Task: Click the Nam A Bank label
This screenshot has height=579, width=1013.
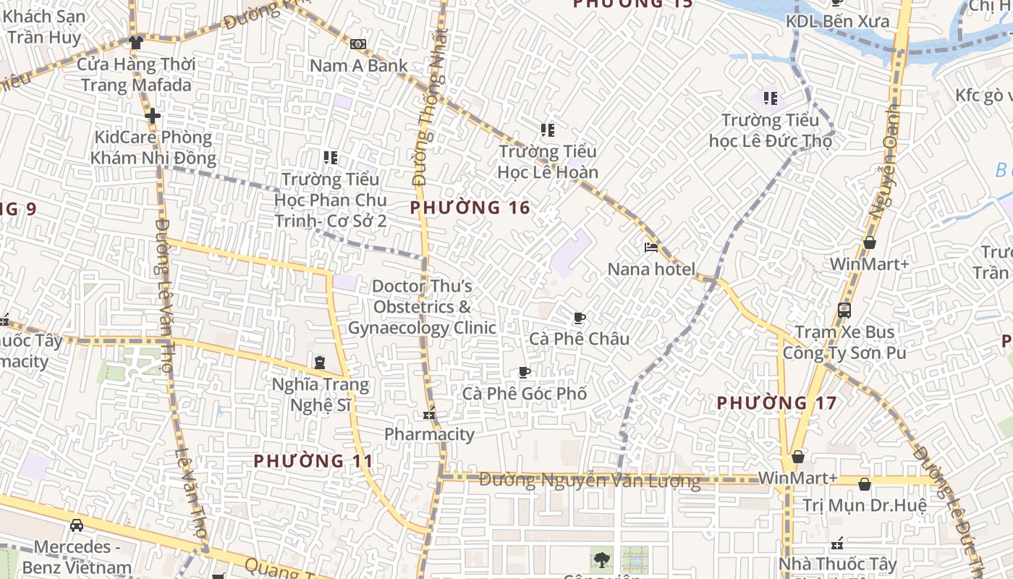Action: (x=359, y=65)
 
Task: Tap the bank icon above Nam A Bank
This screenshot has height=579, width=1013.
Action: (x=357, y=44)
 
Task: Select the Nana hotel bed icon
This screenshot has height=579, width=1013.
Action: (x=651, y=248)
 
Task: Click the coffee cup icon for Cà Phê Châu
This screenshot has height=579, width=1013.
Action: (x=579, y=318)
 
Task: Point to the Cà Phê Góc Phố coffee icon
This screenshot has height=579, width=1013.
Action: (x=525, y=373)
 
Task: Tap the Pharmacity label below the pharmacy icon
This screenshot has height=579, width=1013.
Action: (x=429, y=434)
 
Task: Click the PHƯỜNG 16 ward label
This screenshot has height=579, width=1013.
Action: (x=470, y=208)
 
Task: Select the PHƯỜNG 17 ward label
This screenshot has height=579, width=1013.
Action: (x=776, y=403)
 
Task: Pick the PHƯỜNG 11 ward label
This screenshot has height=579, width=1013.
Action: (x=313, y=461)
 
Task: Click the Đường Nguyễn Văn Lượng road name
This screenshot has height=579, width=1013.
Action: (x=590, y=481)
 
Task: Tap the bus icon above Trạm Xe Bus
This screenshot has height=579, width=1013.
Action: (x=844, y=310)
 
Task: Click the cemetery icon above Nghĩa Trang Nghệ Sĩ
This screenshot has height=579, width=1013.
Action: (x=320, y=362)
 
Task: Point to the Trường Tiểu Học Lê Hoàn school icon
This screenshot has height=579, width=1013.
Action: (x=548, y=130)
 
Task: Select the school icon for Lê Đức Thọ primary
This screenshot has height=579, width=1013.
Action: (x=771, y=98)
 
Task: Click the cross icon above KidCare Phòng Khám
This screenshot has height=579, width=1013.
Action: (x=152, y=115)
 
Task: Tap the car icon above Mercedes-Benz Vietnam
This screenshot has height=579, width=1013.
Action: (x=77, y=525)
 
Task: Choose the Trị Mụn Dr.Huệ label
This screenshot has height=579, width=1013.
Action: (x=865, y=505)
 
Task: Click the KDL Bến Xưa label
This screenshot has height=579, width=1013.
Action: (x=838, y=22)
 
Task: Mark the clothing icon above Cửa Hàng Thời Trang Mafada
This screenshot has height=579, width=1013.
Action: (x=135, y=43)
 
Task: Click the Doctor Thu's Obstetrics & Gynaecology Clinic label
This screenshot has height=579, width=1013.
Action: (x=423, y=307)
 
